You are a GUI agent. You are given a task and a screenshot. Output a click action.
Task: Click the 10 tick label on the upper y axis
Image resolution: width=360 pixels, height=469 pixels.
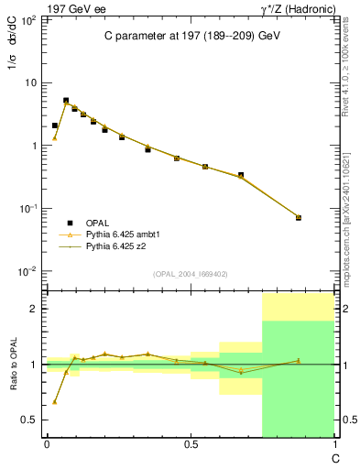coord(31,83)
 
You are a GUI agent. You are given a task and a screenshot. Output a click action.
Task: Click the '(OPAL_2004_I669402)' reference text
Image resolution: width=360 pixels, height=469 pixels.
coord(190,273)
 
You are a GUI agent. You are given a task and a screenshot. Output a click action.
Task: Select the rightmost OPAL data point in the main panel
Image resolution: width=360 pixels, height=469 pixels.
coord(299,218)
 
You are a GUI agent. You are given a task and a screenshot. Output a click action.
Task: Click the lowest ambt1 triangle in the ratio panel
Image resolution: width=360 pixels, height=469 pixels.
coord(55,402)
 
